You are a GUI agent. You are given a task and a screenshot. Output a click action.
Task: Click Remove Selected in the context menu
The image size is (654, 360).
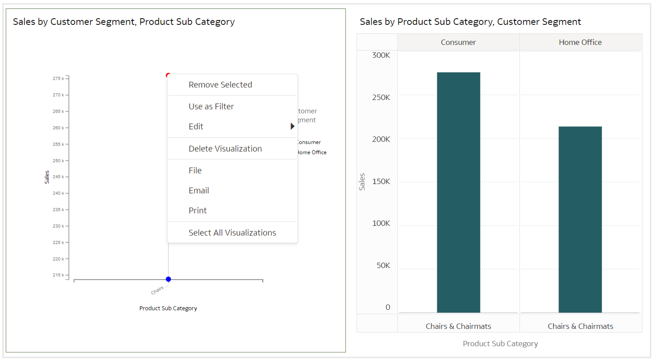[220, 85]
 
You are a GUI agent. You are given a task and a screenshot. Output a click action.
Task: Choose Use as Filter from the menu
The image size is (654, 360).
[211, 107]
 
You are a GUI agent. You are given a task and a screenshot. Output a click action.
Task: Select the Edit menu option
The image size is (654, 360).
[196, 127]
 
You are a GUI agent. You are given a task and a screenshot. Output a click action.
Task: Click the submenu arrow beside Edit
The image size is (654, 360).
[292, 127]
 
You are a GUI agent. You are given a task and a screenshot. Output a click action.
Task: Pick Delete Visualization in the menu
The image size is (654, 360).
[225, 149]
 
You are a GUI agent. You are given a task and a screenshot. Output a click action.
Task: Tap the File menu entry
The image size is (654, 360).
[195, 170]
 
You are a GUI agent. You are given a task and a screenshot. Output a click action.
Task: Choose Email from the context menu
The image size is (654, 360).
[198, 190]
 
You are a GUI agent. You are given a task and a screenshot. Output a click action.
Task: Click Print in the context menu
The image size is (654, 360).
[198, 210]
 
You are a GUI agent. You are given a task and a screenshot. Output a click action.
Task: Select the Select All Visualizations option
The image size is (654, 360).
[232, 233]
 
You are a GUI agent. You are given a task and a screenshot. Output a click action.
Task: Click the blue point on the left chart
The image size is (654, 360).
[168, 279]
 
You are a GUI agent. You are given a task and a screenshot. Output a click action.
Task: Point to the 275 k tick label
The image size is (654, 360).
[58, 79]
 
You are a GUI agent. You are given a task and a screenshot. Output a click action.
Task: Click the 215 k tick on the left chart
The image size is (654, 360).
[58, 275]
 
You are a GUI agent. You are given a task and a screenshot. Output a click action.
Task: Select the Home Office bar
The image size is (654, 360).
[580, 219]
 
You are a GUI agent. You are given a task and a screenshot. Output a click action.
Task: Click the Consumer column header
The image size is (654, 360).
[458, 43]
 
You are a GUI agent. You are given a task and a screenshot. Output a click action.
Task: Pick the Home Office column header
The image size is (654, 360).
[580, 43]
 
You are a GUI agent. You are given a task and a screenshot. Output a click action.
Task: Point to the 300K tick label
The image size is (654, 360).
[381, 55]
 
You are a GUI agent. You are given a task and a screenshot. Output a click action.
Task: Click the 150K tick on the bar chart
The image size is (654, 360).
[381, 182]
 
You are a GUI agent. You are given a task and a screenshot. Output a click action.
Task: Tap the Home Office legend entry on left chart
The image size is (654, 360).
[312, 152]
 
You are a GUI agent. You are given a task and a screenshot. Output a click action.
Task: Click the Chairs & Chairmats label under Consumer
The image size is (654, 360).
[458, 326]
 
